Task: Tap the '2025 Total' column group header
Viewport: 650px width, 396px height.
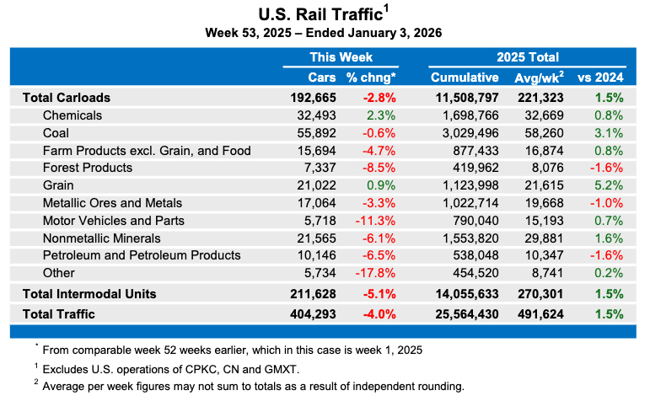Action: coord(528,57)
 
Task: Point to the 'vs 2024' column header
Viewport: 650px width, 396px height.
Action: coord(599,78)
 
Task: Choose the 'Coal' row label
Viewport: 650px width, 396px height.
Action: coord(56,132)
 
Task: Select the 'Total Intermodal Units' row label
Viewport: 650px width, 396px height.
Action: coord(100,294)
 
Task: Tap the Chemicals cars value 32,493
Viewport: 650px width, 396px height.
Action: coord(314,115)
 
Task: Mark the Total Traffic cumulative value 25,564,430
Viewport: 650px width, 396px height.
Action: coord(467,314)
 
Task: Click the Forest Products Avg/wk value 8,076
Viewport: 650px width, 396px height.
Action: coord(540,168)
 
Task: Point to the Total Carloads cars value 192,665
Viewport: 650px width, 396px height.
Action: coord(310,97)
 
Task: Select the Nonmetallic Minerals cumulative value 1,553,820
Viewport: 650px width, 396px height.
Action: coord(470,238)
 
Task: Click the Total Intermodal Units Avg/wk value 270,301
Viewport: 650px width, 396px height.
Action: coord(536,294)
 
